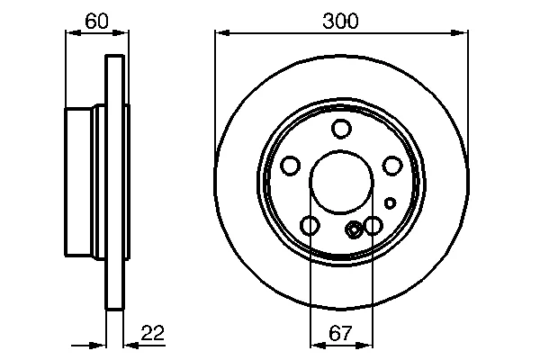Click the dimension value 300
340,22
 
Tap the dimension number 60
97,22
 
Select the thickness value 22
153,333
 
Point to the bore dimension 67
340,333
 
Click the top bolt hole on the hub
341,129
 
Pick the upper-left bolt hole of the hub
291,166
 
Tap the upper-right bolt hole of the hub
392,166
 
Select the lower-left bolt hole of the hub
310,226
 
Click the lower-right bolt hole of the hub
373,226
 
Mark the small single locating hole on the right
390,203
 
